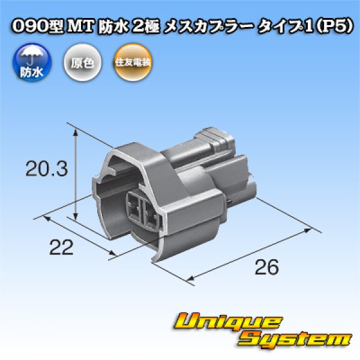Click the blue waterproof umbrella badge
[x=26, y=62]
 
